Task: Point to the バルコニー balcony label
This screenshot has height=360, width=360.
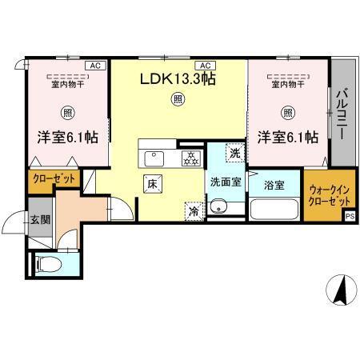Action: [x=341, y=114]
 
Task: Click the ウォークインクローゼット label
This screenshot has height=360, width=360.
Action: [x=324, y=196]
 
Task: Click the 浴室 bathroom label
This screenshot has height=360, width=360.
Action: [x=275, y=186]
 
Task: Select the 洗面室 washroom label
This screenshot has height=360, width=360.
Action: [x=226, y=182]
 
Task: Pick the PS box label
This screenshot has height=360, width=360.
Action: [x=350, y=215]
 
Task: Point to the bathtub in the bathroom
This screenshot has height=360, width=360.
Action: [x=274, y=210]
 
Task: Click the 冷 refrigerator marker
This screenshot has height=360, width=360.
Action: [x=194, y=211]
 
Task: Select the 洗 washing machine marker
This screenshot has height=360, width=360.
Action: [x=234, y=152]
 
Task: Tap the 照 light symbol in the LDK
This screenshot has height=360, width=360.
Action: [x=177, y=100]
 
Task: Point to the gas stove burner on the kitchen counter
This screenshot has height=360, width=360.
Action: [x=190, y=157]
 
